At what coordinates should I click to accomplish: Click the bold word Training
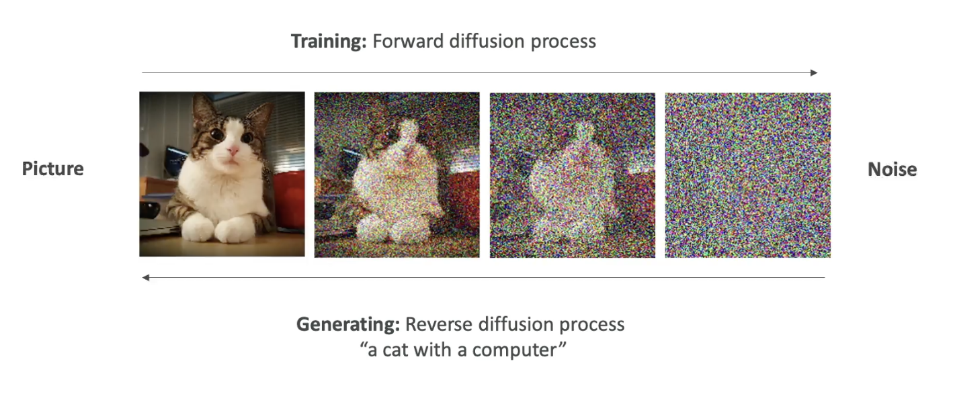(x=328, y=42)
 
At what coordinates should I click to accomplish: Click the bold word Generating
(x=348, y=325)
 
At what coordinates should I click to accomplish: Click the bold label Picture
(x=52, y=168)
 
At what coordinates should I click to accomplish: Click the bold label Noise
(x=892, y=170)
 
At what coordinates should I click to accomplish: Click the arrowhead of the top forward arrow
(x=814, y=72)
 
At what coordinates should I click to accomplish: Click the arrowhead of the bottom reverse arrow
(x=146, y=278)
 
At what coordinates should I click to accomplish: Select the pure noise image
(x=747, y=175)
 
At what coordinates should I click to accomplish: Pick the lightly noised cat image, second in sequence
(x=397, y=175)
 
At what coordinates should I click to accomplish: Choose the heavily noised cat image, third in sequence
(x=572, y=175)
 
